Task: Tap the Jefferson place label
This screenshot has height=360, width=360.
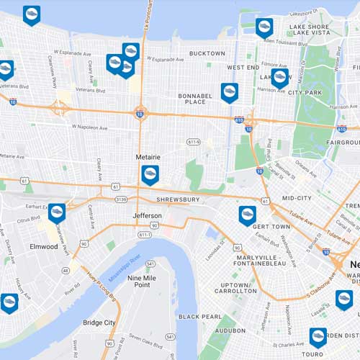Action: pyautogui.click(x=147, y=215)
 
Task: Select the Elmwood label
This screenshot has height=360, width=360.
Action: pyautogui.click(x=44, y=246)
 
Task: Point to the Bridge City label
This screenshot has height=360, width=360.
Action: pyautogui.click(x=99, y=323)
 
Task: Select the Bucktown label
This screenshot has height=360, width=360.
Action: pyautogui.click(x=207, y=53)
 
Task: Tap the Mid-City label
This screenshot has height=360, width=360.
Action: pyautogui.click(x=296, y=197)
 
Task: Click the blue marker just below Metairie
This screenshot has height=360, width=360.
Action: pyautogui.click(x=150, y=174)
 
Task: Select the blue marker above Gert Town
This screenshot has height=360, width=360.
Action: pyautogui.click(x=247, y=214)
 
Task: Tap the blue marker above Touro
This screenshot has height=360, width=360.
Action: pyautogui.click(x=318, y=336)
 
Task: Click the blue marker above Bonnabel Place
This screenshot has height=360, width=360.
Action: pyautogui.click(x=229, y=91)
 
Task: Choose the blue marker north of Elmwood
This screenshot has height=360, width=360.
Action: pyautogui.click(x=57, y=211)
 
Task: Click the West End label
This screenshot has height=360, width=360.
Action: pyautogui.click(x=243, y=67)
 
